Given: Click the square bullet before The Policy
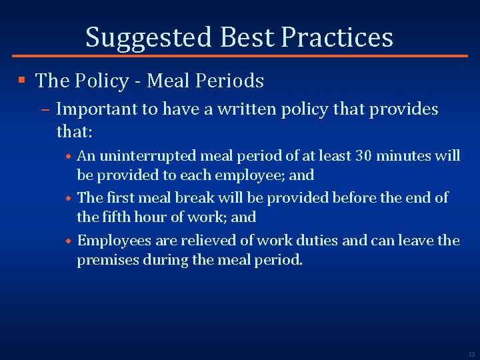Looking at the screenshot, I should tap(22, 81).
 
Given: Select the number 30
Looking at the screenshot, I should tap(363, 156).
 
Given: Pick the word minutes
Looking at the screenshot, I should tap(404, 156).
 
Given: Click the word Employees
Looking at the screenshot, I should tap(109, 240).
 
